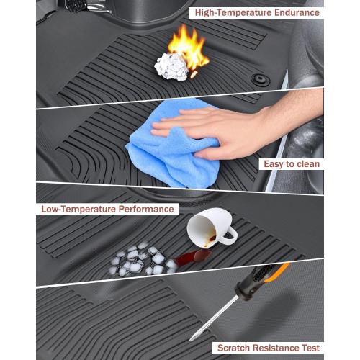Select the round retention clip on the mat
(261, 80)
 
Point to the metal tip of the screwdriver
(192, 337)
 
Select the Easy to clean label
(290, 164)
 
